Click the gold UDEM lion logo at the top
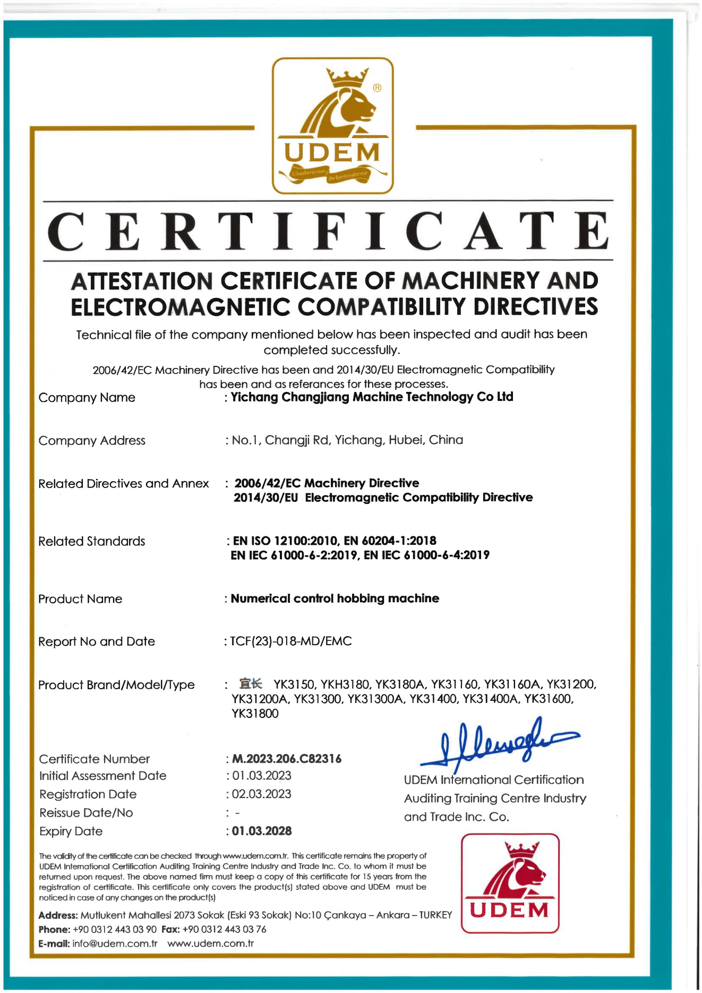pos(333,125)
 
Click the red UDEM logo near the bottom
pos(510,883)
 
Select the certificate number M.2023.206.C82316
pos(287,759)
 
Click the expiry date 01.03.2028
pos(262,831)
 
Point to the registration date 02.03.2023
pos(261,794)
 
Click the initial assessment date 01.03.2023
pos(261,776)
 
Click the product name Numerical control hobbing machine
pos(335,598)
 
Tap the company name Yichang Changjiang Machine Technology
pos(372,397)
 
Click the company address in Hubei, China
pos(347,440)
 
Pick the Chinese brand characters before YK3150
pos(251,683)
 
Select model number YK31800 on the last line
pos(255,714)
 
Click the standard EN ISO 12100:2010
pos(285,541)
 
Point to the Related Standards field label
pos(92,542)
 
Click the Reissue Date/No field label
pos(86,813)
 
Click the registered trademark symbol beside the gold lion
pos(377,88)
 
